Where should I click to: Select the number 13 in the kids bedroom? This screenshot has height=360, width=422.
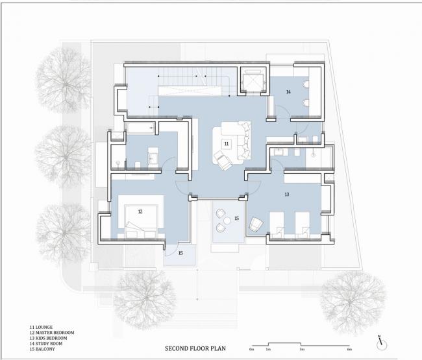tap(286, 194)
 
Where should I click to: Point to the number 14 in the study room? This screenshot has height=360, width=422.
tap(288, 92)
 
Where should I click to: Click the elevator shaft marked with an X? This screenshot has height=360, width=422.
tap(251, 81)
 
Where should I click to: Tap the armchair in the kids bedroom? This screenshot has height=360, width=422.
tap(255, 224)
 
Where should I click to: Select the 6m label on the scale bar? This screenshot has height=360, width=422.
tap(349, 349)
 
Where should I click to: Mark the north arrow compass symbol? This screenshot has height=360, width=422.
tap(382, 341)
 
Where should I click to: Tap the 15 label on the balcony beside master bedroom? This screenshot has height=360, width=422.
tap(180, 252)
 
